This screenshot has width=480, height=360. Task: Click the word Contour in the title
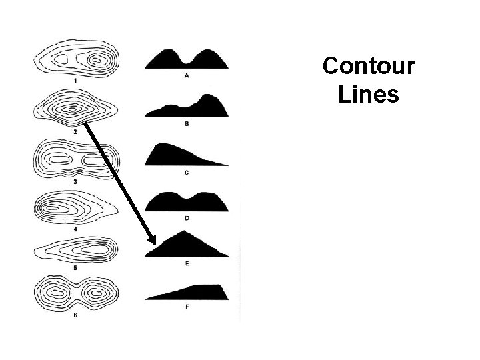pos(368,67)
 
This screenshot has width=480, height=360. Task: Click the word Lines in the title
pos(368,95)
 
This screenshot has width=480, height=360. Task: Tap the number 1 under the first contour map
pos(75,81)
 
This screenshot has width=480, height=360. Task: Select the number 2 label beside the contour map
pos(75,131)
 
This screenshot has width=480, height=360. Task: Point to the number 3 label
pos(75,181)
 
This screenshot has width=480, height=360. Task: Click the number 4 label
pos(75,229)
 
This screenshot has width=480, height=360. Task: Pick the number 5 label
pos(75,267)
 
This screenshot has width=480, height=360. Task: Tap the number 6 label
pos(75,315)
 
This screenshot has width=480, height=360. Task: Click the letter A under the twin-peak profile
pos(186,76)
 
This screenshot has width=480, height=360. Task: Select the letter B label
pos(186,124)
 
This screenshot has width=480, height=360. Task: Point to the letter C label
pos(186,172)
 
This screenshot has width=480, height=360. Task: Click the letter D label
pos(186,217)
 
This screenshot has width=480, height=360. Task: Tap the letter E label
pos(186,264)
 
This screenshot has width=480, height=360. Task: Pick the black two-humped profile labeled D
pos(187,202)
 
